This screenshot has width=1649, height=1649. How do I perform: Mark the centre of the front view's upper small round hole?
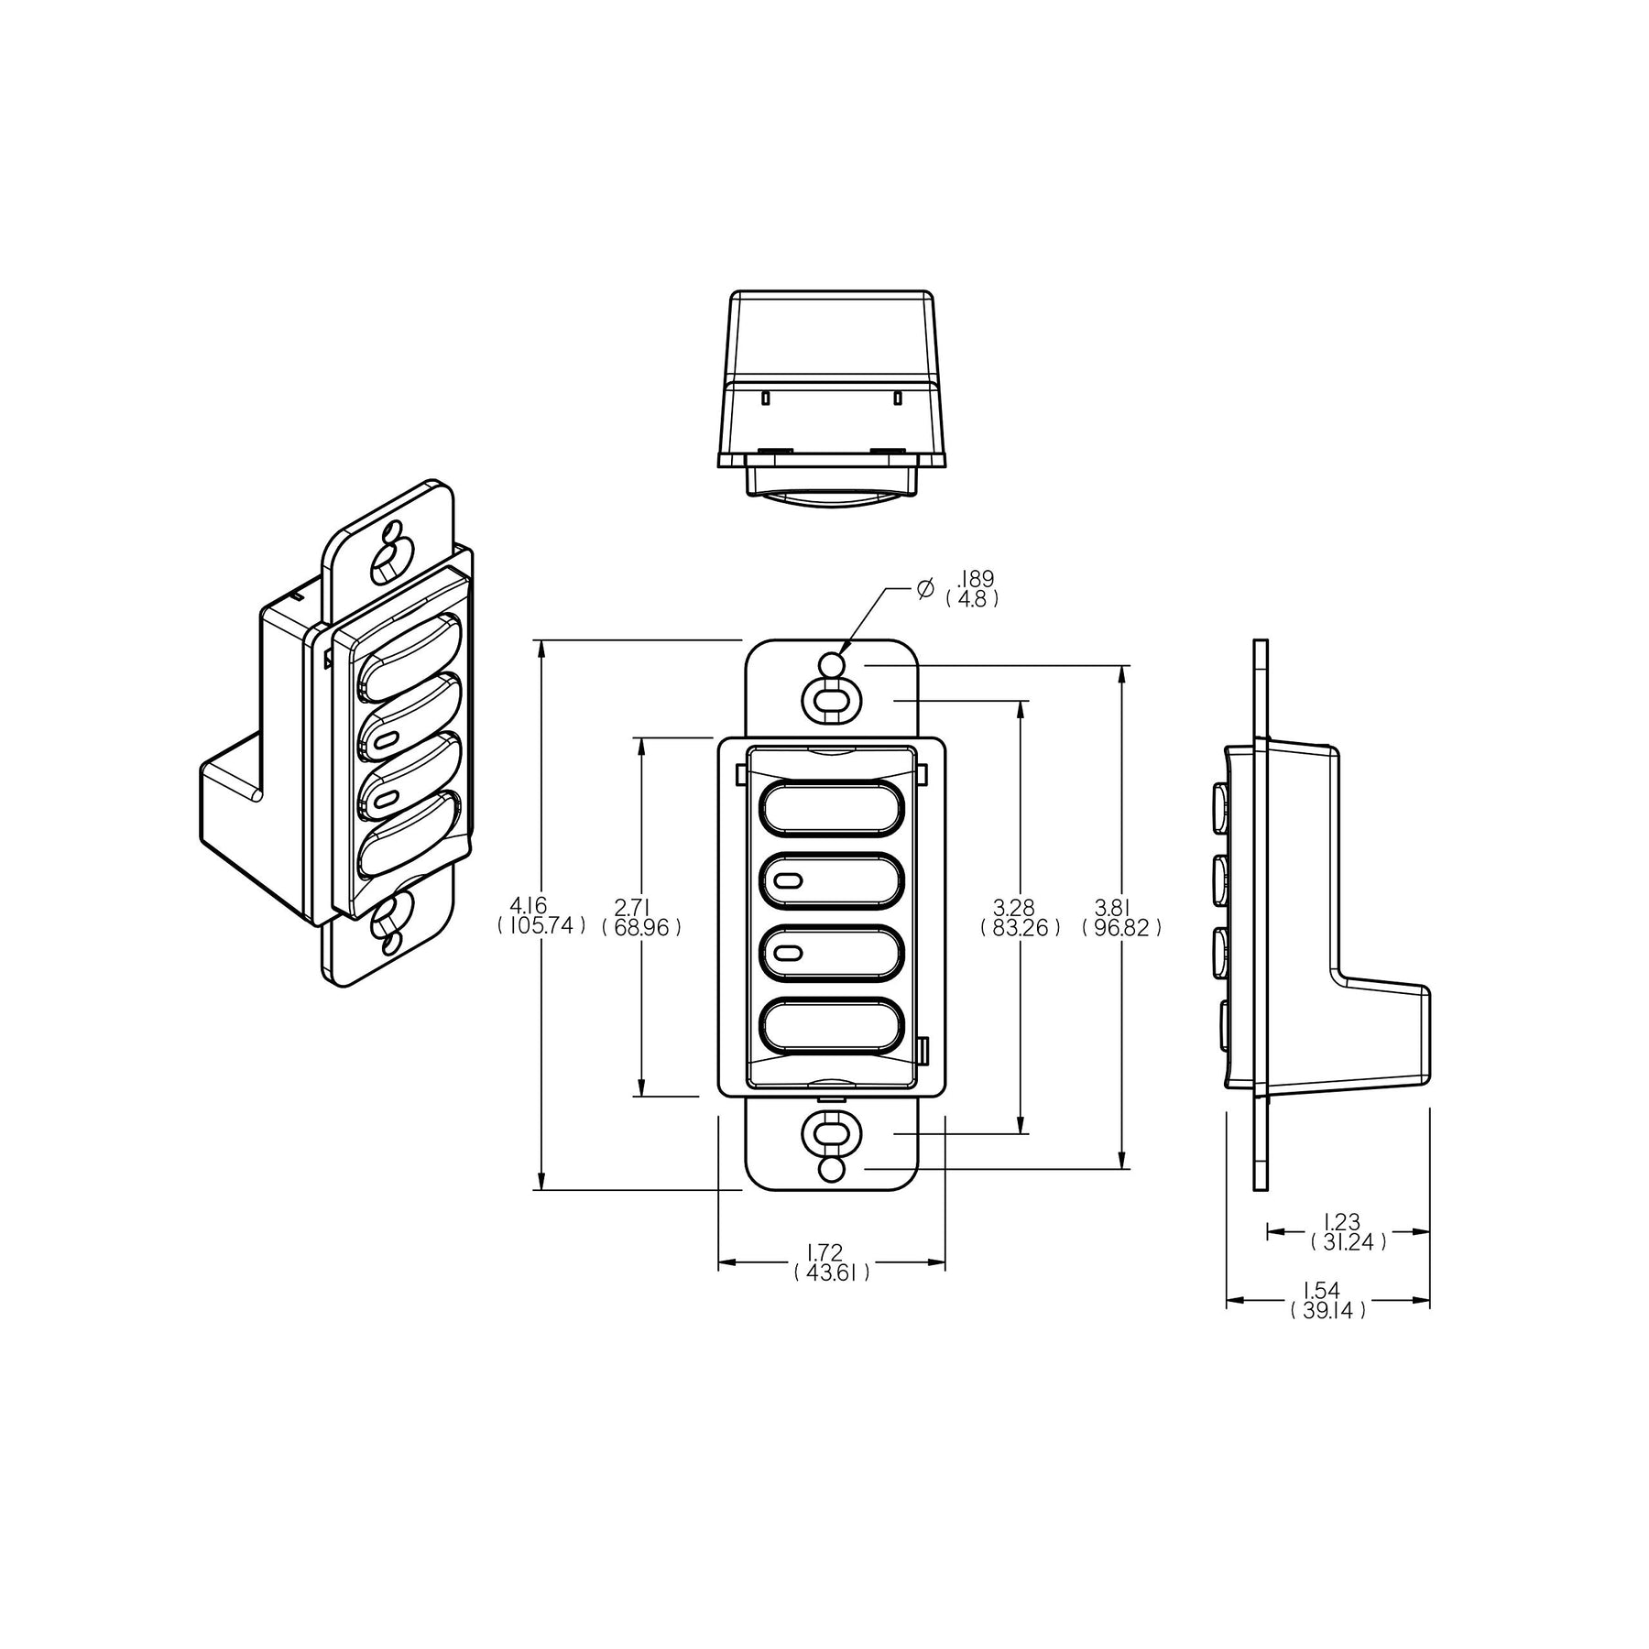[831, 665]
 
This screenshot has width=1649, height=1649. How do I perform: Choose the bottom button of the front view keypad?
[832, 1028]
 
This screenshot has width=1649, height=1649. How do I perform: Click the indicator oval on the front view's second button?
[788, 882]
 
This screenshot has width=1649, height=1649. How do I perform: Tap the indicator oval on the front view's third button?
[788, 956]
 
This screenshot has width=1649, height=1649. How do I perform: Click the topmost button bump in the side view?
[1221, 805]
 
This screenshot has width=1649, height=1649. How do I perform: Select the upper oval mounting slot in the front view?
[831, 701]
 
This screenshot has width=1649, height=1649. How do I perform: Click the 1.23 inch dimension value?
[1342, 1220]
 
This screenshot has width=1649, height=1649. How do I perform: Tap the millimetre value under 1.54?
[1327, 1310]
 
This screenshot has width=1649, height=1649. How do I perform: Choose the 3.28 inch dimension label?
[1014, 907]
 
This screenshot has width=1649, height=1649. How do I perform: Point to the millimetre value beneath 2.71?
[641, 928]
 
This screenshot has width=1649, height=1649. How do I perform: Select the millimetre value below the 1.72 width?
[832, 1272]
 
